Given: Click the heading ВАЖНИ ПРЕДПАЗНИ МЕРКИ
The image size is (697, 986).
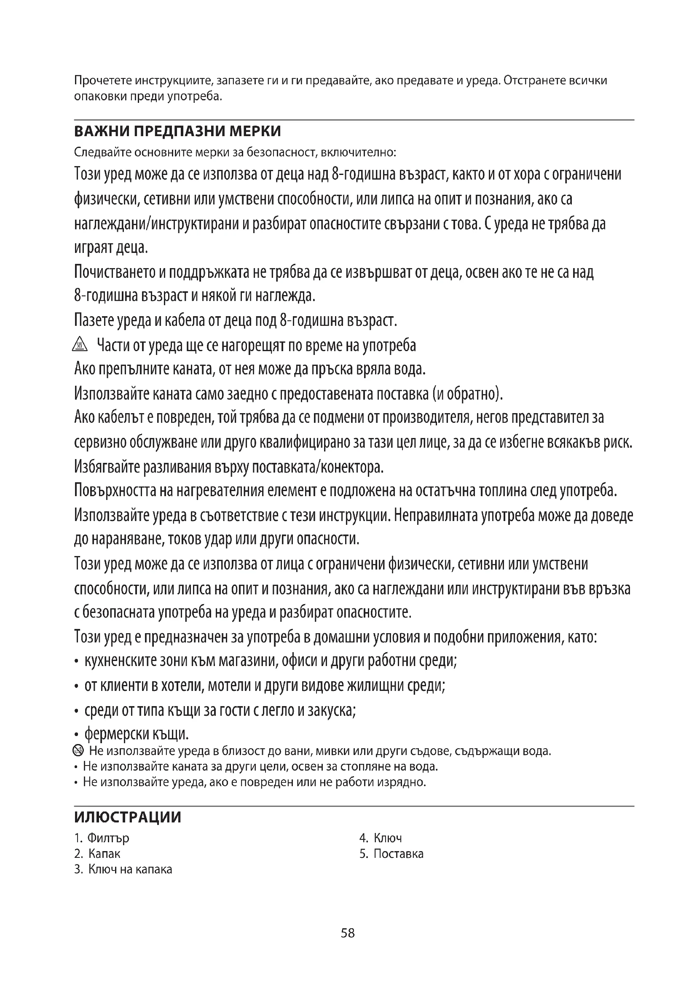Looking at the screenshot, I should (x=177, y=131).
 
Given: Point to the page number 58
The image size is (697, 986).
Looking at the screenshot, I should (x=348, y=933).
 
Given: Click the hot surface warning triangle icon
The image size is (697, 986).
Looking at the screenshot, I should (x=80, y=345).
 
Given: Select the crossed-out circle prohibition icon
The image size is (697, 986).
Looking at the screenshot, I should (x=78, y=751).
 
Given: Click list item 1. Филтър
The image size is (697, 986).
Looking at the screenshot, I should (x=102, y=838).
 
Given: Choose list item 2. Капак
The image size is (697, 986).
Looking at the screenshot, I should (x=97, y=853).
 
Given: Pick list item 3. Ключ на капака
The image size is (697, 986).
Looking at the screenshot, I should (x=123, y=869).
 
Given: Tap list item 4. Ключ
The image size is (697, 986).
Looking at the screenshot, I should (x=381, y=838).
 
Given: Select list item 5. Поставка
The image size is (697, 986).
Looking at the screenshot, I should (x=391, y=853).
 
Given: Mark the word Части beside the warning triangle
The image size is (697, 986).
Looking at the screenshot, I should (x=112, y=345).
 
